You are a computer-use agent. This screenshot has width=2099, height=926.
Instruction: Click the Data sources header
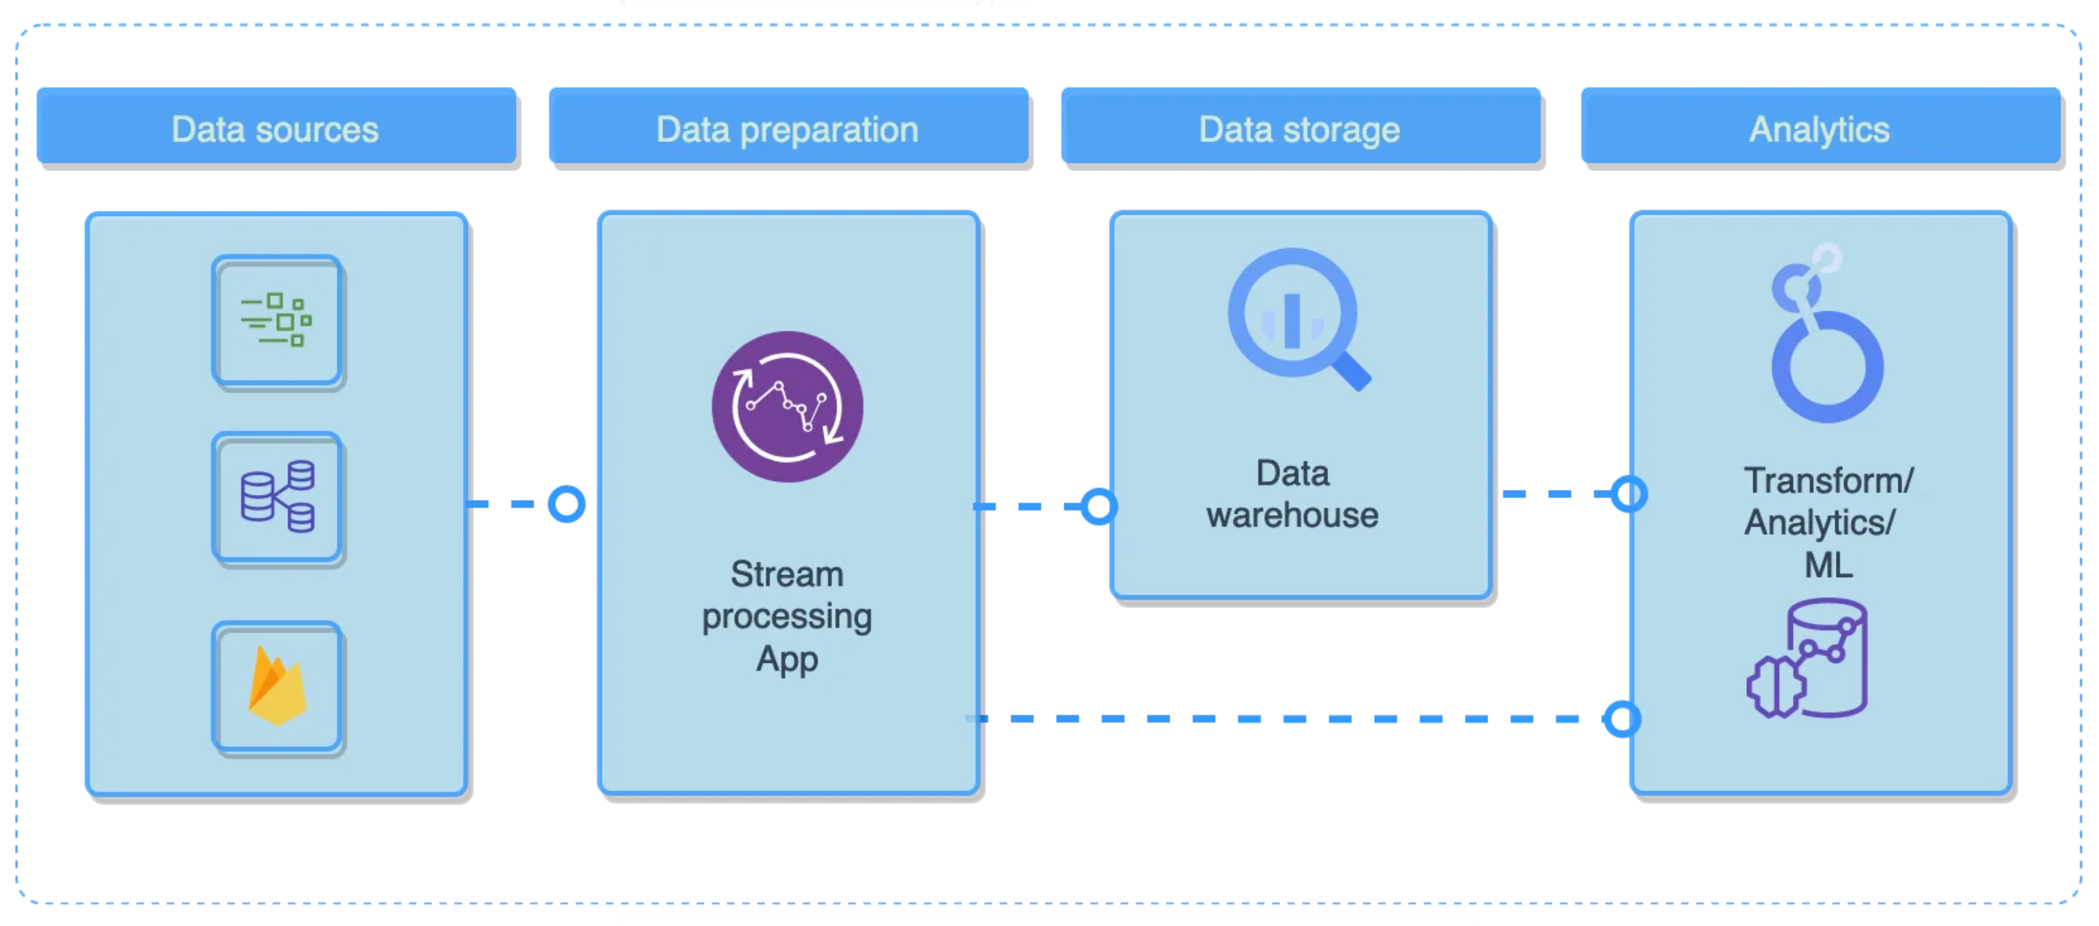coord(276,126)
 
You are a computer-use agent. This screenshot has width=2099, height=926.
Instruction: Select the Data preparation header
coord(788,126)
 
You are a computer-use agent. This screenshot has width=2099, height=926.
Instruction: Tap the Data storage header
coord(1300,126)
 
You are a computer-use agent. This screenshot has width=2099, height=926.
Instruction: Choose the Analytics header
coord(1820,126)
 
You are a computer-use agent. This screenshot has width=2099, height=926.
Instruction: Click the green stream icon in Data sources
coord(276,320)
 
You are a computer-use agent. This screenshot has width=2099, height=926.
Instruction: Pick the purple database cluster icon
coord(278,496)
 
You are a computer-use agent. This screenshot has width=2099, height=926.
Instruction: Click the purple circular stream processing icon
coord(787,406)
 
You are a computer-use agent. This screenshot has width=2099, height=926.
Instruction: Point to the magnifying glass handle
coord(1352,371)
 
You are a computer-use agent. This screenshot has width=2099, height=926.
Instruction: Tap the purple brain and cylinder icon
coord(1807,659)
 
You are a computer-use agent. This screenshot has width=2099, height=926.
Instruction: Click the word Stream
coord(787,574)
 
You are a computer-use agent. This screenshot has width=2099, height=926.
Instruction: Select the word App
coord(787,659)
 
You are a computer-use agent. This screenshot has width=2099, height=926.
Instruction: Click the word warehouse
coord(1293,515)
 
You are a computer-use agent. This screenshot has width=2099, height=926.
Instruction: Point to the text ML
coord(1828,565)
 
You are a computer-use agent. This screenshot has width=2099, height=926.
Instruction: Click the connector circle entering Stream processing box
coord(566,504)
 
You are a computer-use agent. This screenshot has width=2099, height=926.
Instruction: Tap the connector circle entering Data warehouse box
coord(1099,506)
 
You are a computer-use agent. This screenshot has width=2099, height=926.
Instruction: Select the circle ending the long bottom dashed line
coord(1622,719)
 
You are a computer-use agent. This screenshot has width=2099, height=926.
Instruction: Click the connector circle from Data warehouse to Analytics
coord(1629,494)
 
